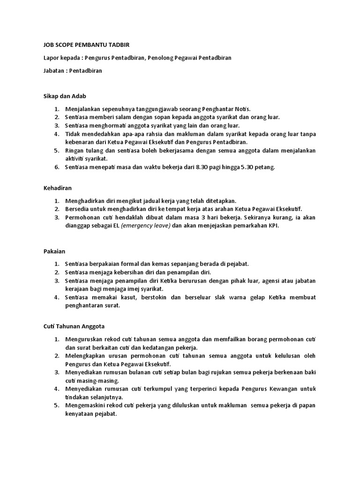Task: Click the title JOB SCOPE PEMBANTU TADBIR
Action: pos(83,45)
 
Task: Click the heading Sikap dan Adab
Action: pos(62,96)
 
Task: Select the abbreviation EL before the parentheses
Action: pos(116,225)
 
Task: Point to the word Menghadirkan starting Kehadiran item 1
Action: pos(86,200)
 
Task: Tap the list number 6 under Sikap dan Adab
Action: pos(56,167)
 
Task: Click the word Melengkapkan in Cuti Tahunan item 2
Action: pos(87,356)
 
